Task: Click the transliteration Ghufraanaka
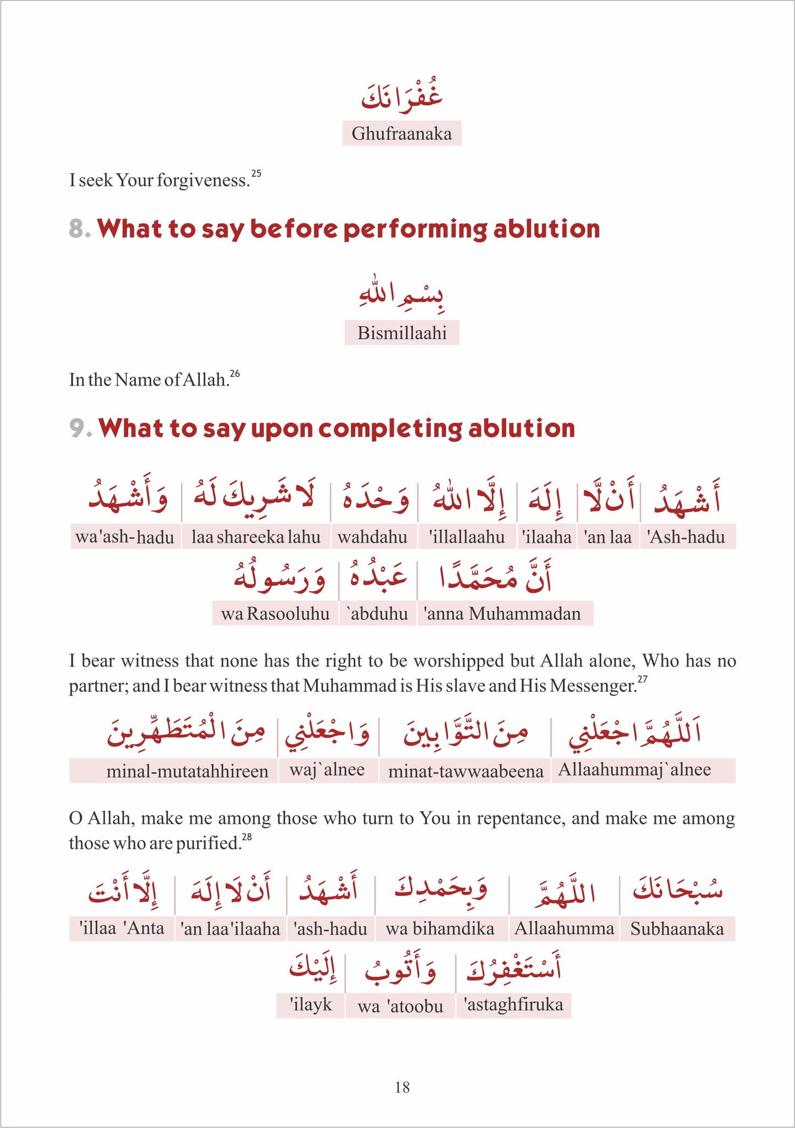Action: [x=402, y=134]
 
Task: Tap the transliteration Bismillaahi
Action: [x=402, y=333]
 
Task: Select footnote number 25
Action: [x=256, y=174]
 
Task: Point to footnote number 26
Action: [x=235, y=374]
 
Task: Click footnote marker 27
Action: [x=642, y=679]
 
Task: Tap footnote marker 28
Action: [x=247, y=837]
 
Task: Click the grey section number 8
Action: [x=78, y=229]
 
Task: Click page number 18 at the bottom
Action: [x=402, y=1087]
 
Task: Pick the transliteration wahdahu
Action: [x=372, y=537]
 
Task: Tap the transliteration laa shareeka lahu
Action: [x=256, y=537]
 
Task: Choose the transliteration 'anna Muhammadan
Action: [x=502, y=613]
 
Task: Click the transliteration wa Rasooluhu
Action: [x=275, y=613]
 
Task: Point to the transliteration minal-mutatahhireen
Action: [x=187, y=771]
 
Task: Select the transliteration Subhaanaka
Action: [x=677, y=929]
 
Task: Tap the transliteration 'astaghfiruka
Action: [x=514, y=1005]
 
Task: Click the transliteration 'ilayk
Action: [x=311, y=1005]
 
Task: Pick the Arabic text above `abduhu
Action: [x=377, y=577]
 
